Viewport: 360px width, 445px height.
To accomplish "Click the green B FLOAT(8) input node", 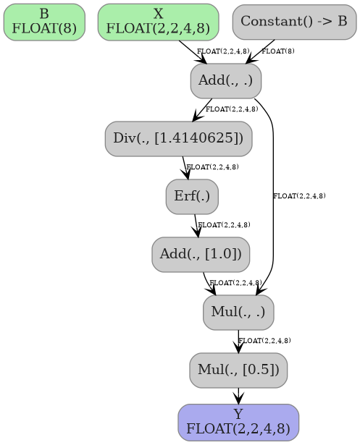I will pyautogui.click(x=44, y=22).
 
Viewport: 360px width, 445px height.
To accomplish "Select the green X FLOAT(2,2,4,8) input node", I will pyautogui.click(x=158, y=22).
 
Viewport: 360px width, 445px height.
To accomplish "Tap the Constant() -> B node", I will pyautogui.click(x=294, y=22).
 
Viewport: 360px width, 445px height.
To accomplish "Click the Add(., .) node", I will pyautogui.click(x=226, y=80).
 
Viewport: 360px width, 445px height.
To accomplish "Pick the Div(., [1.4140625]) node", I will pyautogui.click(x=178, y=138).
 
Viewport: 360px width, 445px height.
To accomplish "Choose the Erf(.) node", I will pyautogui.click(x=192, y=196).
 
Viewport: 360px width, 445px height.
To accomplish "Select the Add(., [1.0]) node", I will pyautogui.click(x=201, y=254).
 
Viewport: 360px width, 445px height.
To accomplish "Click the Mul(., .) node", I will pyautogui.click(x=238, y=312).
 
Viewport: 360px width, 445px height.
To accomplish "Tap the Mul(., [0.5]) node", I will pyautogui.click(x=238, y=370).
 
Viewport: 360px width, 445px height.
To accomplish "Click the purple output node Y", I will pyautogui.click(x=238, y=422).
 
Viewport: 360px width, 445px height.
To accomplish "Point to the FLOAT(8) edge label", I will pyautogui.click(x=278, y=51).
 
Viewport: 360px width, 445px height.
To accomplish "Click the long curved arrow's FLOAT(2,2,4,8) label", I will pyautogui.click(x=299, y=196).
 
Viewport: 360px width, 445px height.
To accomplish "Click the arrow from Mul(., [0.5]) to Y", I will pyautogui.click(x=238, y=396).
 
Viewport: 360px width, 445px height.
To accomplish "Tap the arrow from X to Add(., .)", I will pyautogui.click(x=193, y=53).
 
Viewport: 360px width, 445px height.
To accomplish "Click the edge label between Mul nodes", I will pyautogui.click(x=264, y=341).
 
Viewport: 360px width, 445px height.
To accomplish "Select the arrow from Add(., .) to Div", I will pyautogui.click(x=203, y=109).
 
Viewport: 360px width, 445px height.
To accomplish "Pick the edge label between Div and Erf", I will pyautogui.click(x=212, y=167).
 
